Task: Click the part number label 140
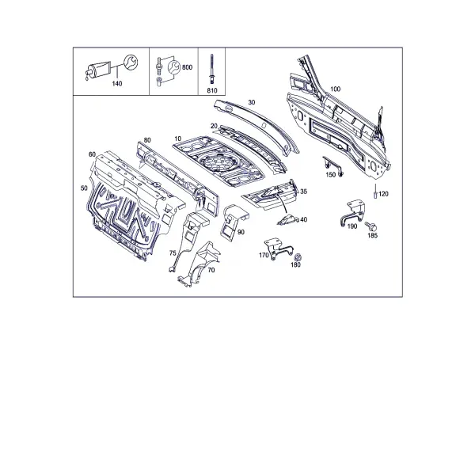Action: (x=117, y=84)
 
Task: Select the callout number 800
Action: (x=187, y=67)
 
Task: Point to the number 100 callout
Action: (x=335, y=89)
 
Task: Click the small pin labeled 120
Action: (x=375, y=192)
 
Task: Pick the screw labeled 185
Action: (x=371, y=226)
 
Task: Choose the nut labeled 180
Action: (x=298, y=256)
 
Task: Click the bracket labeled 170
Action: (x=278, y=248)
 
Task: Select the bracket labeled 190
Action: (x=352, y=212)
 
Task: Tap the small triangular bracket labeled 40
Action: (x=288, y=219)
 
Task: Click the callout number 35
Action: (x=303, y=192)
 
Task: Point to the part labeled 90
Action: (x=234, y=221)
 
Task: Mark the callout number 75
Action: (x=173, y=253)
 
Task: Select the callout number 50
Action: (x=84, y=188)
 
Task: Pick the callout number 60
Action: (x=92, y=154)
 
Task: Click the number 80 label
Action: (x=147, y=140)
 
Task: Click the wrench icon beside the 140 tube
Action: (x=131, y=62)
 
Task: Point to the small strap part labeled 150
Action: (x=332, y=165)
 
